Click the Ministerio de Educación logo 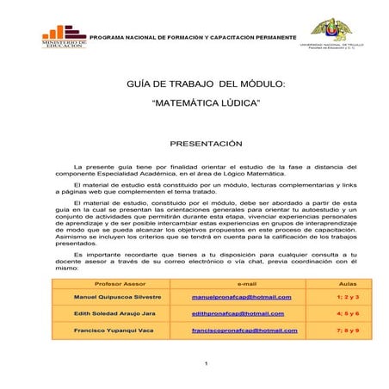pos(64,34)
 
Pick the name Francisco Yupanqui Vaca pos(114,330)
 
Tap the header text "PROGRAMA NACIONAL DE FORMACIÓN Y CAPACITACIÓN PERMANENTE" pos(193,40)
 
